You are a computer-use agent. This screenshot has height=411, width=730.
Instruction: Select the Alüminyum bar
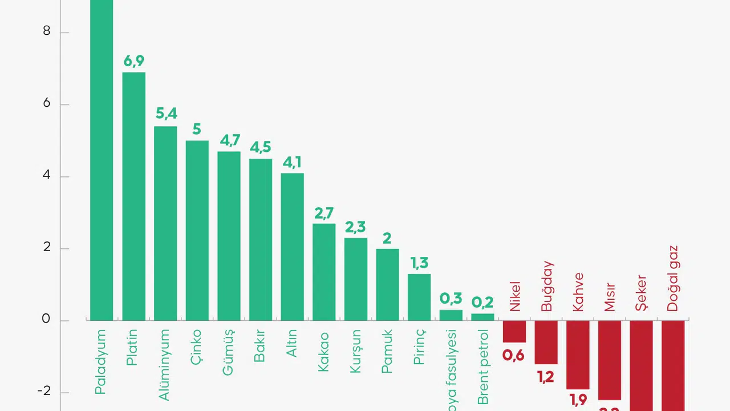pyautogui.click(x=165, y=223)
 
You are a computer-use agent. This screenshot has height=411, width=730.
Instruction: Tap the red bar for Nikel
pyautogui.click(x=514, y=331)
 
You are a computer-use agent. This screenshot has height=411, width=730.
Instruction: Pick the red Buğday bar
pyautogui.click(x=546, y=342)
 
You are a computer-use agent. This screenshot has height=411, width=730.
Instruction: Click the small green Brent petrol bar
pyautogui.click(x=482, y=317)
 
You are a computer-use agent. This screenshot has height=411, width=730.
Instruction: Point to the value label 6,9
pyautogui.click(x=134, y=61)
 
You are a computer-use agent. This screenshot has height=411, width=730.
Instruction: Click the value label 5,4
pyautogui.click(x=166, y=114)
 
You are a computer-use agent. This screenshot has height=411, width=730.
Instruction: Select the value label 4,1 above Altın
pyautogui.click(x=292, y=162)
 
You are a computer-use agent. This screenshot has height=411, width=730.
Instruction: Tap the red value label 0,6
pyautogui.click(x=513, y=356)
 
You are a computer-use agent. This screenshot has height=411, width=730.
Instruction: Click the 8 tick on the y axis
pyautogui.click(x=47, y=31)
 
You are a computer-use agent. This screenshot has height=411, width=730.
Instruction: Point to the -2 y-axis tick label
pyautogui.click(x=43, y=392)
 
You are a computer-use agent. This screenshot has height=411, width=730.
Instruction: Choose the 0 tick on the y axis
pyautogui.click(x=47, y=320)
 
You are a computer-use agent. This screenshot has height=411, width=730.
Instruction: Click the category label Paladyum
pyautogui.click(x=101, y=362)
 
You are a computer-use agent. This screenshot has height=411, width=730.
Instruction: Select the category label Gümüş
pyautogui.click(x=228, y=352)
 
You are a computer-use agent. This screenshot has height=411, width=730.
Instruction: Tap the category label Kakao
pyautogui.click(x=323, y=352)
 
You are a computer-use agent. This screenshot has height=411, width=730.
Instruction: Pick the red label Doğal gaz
pyautogui.click(x=673, y=279)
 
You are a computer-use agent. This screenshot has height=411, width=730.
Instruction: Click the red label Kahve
pyautogui.click(x=578, y=292)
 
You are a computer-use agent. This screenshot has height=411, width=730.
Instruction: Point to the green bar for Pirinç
pyautogui.click(x=419, y=297)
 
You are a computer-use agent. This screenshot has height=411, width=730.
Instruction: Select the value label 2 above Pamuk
pyautogui.click(x=387, y=238)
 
